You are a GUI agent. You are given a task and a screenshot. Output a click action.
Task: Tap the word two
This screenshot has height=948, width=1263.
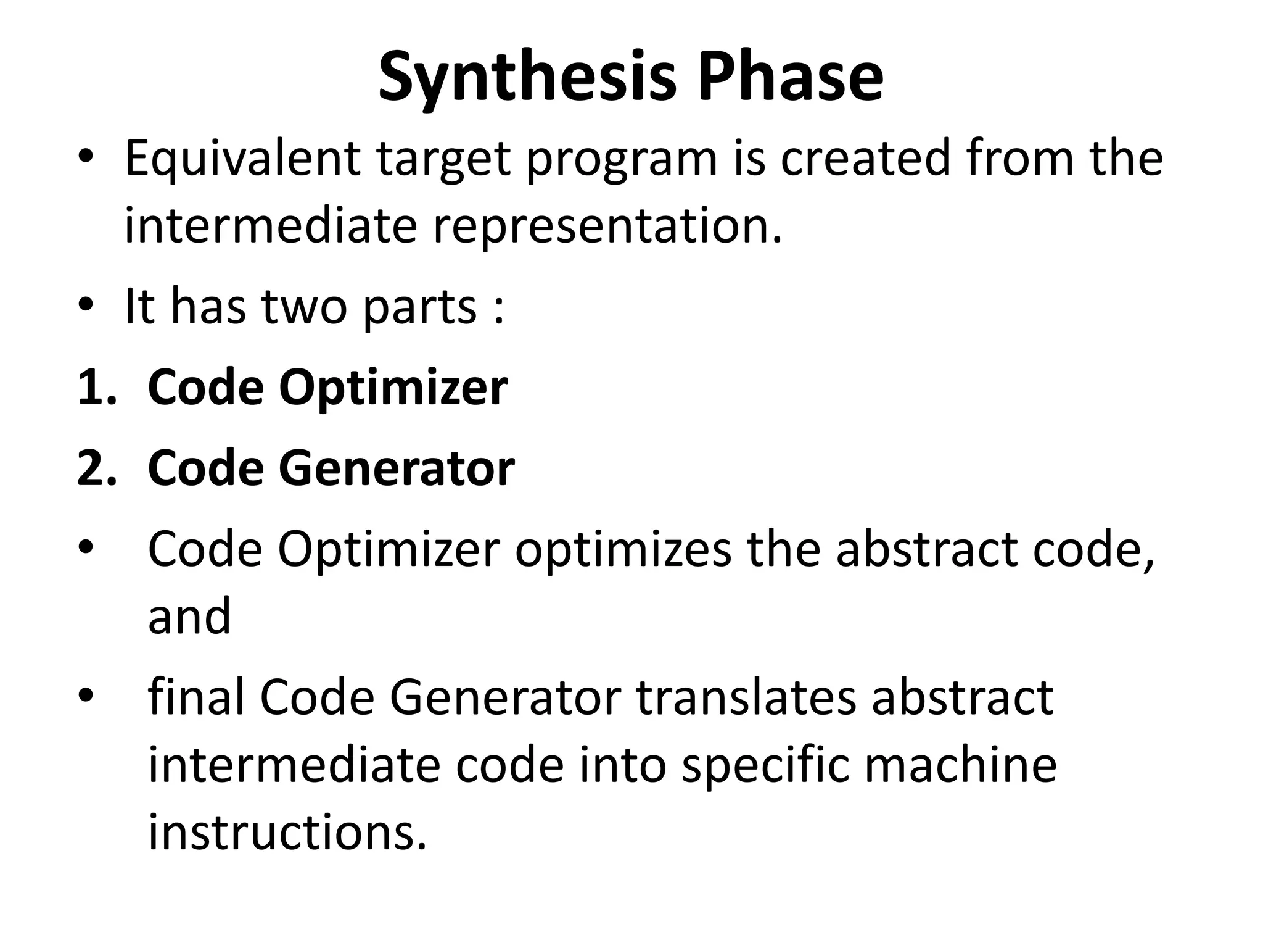(x=305, y=307)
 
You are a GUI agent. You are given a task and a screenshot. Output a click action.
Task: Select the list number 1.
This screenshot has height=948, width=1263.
(x=96, y=388)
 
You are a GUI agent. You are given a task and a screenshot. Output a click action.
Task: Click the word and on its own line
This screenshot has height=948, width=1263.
(x=189, y=617)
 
